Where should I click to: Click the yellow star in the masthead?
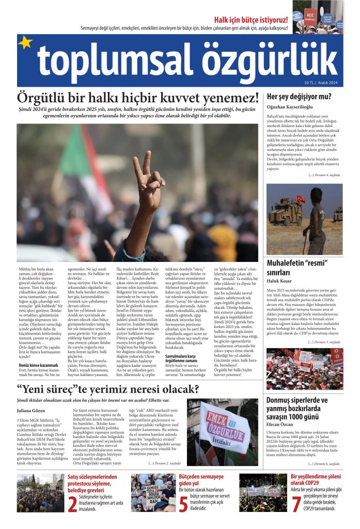[25, 43]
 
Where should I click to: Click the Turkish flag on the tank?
[300, 199]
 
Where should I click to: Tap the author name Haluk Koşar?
[279, 281]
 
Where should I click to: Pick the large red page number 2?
[72, 503]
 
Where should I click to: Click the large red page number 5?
[183, 503]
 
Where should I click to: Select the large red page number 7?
[296, 503]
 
